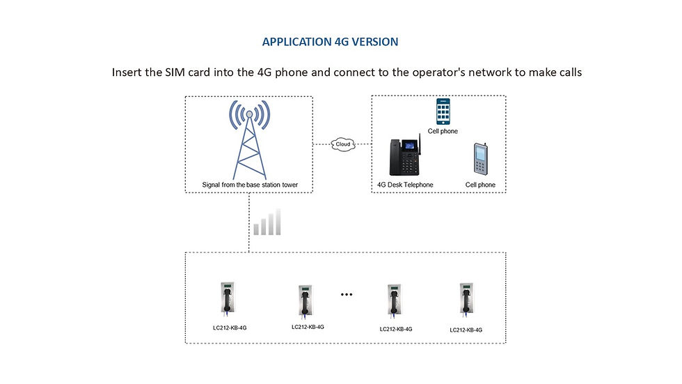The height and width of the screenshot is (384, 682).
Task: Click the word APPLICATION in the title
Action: [x=296, y=42]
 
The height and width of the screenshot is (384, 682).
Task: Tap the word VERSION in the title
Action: [x=375, y=42]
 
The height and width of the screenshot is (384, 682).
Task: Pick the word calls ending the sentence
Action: [x=571, y=72]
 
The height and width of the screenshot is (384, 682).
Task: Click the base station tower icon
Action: [x=250, y=139]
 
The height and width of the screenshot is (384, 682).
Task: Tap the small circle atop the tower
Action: [x=250, y=114]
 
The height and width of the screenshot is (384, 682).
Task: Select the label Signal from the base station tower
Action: [x=250, y=185]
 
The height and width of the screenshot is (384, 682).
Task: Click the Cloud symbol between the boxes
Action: [x=343, y=144]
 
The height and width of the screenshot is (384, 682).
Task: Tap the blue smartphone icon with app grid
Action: [x=443, y=112]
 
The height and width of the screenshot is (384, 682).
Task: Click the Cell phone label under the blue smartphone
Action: [x=443, y=131]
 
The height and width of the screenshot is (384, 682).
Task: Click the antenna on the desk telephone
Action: [x=420, y=144]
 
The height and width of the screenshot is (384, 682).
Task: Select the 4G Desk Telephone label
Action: [x=405, y=185]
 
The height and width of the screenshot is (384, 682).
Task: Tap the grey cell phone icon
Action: [x=480, y=158]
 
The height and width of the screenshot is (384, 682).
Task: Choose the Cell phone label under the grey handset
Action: [x=480, y=185]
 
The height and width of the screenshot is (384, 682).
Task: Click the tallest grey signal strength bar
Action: [x=278, y=222]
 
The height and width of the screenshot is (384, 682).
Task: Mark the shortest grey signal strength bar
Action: [x=256, y=229]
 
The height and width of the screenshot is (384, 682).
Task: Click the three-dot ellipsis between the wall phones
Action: [x=347, y=294]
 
